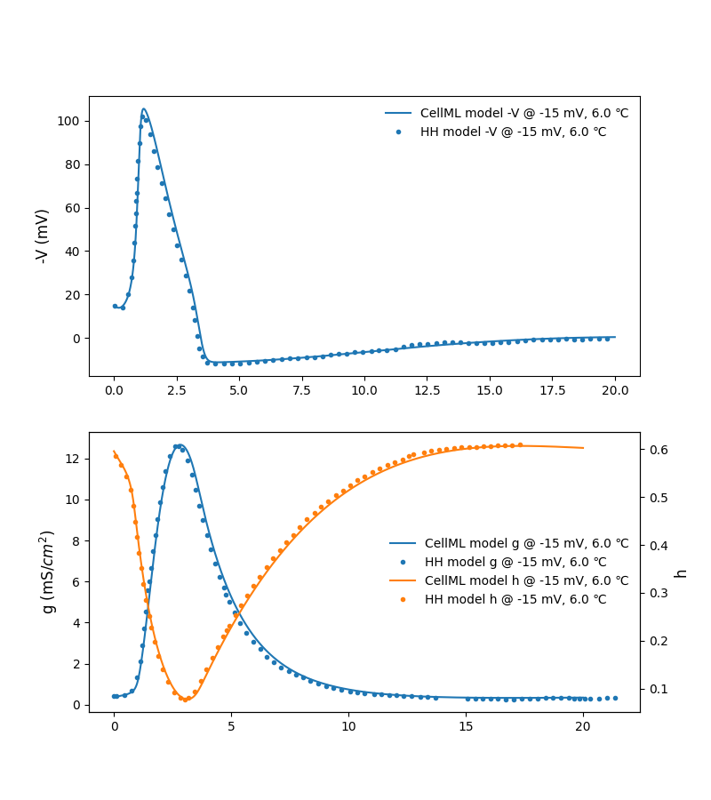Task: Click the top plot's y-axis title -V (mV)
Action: coord(42,236)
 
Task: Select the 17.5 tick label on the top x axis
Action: coord(552,390)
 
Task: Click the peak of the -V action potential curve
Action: coord(143,109)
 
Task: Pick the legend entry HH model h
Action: coord(515,600)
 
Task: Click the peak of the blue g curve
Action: coord(180,445)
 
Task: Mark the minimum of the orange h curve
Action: coord(185,700)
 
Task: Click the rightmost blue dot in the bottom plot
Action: coord(615,698)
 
